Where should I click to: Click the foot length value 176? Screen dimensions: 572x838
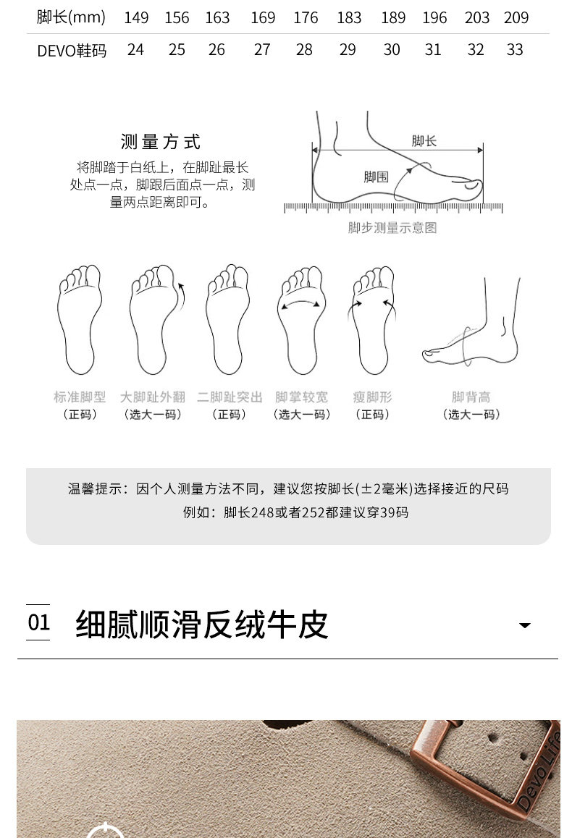(x=306, y=17)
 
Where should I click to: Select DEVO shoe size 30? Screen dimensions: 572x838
(x=392, y=50)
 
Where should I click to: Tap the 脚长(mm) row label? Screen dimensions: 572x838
(x=71, y=17)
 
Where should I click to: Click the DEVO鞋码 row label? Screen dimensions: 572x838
(x=72, y=51)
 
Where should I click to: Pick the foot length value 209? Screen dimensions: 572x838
(x=516, y=17)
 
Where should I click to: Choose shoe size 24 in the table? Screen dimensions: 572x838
(x=136, y=50)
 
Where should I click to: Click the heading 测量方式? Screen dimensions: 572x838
(x=160, y=142)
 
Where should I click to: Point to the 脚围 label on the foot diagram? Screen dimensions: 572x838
(x=376, y=177)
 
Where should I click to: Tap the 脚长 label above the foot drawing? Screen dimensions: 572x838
(x=424, y=141)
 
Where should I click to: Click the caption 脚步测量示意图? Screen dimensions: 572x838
(x=392, y=228)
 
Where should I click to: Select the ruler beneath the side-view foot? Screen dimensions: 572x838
(x=393, y=208)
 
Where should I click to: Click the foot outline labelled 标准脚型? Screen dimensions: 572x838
(x=79, y=319)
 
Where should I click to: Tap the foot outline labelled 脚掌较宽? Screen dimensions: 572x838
(x=301, y=320)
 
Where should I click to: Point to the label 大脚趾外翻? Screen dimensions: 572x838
(x=152, y=397)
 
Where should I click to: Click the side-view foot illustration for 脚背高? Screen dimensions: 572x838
(x=471, y=322)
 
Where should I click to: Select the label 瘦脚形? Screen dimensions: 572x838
(x=372, y=397)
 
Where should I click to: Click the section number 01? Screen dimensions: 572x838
(x=38, y=622)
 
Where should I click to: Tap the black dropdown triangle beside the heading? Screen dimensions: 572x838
(x=525, y=625)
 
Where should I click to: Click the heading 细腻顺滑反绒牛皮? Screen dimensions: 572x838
(x=201, y=625)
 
